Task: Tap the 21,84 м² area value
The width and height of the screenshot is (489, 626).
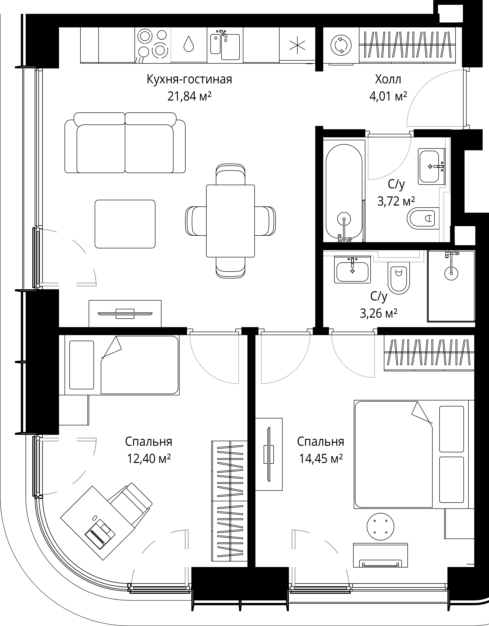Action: tap(189, 97)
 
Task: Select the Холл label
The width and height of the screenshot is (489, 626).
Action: tap(388, 79)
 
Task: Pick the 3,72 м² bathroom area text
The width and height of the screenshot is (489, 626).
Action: tap(396, 202)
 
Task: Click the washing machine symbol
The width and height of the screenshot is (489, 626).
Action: tap(341, 45)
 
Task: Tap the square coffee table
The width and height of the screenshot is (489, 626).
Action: tap(125, 224)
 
